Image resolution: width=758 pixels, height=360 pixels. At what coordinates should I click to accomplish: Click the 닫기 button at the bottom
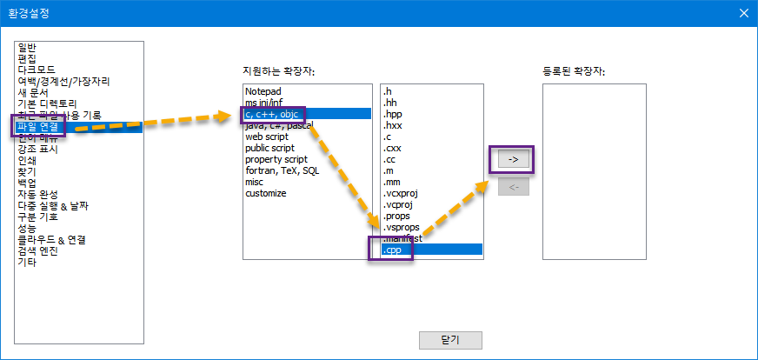(450, 340)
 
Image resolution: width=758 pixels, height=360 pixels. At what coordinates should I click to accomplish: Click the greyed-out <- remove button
(513, 187)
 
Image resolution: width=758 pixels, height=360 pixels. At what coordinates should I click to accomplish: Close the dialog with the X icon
(743, 12)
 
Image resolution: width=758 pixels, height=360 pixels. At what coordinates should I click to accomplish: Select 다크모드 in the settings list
(37, 70)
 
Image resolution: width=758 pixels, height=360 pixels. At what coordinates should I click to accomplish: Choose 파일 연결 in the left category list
(37, 127)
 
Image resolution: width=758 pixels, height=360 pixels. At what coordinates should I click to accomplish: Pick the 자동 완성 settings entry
(36, 195)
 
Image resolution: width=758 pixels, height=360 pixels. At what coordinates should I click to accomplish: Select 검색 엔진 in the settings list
(36, 251)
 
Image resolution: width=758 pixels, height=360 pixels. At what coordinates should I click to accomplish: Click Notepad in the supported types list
(263, 91)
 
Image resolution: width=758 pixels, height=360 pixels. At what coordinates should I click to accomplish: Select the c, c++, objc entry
(270, 114)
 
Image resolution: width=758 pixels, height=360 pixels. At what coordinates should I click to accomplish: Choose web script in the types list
(266, 137)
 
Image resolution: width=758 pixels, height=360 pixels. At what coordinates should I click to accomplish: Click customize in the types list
(265, 193)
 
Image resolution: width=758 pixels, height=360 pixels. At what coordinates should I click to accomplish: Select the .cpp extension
(393, 250)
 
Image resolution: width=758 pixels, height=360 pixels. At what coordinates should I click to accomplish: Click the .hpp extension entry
(393, 114)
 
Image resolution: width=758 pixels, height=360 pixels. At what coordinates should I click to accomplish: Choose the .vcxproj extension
(400, 193)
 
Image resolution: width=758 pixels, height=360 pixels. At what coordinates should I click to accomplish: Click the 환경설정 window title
(31, 12)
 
